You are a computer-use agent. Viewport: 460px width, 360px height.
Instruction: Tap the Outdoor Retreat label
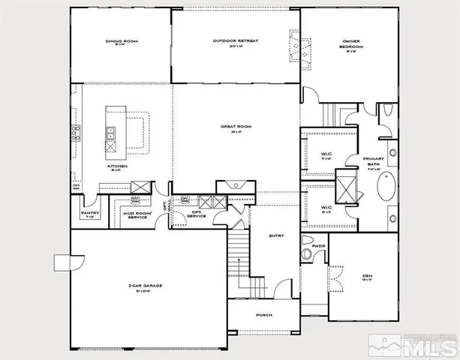coord(236,41)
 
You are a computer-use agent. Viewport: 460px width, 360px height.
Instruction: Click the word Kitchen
coord(116,166)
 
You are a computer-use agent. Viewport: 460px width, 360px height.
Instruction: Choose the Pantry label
coord(90,213)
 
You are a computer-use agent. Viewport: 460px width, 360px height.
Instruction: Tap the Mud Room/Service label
coord(138,214)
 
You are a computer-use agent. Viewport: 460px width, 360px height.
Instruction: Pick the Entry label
coord(276,236)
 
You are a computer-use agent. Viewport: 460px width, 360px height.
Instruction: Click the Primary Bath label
coord(374,161)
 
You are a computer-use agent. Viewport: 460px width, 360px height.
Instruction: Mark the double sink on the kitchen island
coord(111,133)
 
